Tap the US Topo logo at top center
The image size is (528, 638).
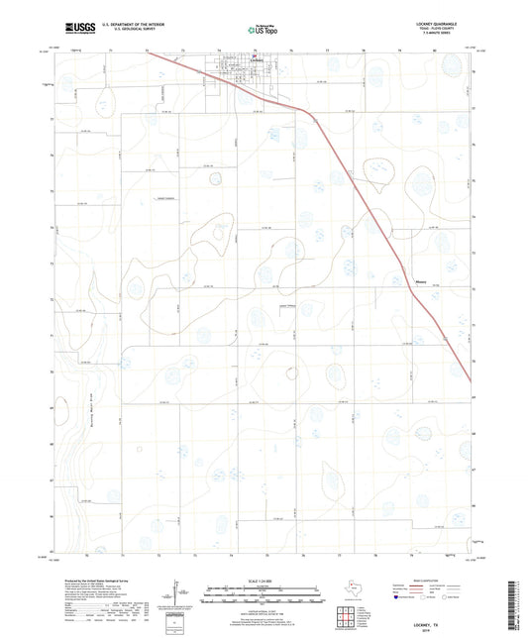(x=263, y=30)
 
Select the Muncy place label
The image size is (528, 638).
(x=420, y=280)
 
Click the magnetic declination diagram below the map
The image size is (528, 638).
(x=175, y=592)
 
